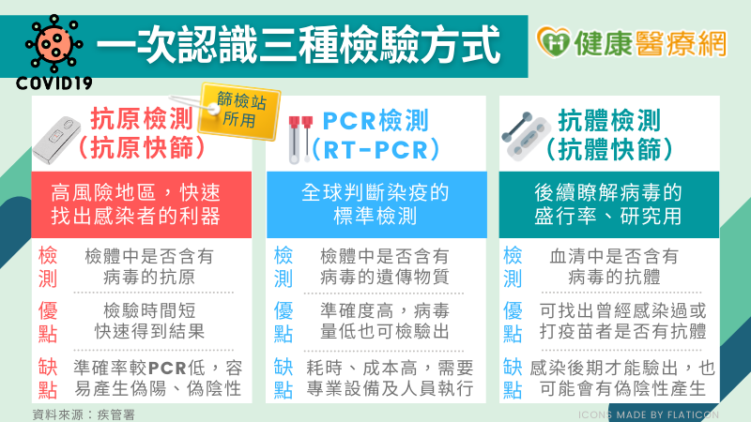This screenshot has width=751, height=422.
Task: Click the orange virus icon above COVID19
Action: coord(49,43)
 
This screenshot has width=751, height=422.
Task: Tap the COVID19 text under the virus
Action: coord(54,83)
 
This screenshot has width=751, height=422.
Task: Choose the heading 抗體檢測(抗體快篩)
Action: coord(620,133)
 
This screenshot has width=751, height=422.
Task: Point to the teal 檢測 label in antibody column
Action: coord(513,266)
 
